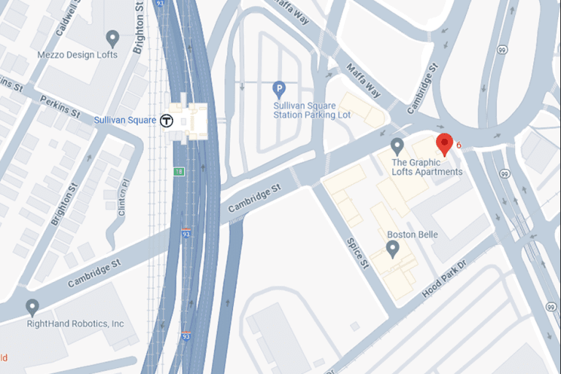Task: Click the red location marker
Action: (444, 144)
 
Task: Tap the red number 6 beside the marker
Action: (459, 145)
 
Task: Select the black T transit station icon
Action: (167, 121)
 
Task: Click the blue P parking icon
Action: (278, 89)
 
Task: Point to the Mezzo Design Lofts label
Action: (77, 56)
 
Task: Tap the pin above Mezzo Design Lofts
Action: (112, 37)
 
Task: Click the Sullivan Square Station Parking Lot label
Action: (312, 110)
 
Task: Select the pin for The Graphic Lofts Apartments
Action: (397, 145)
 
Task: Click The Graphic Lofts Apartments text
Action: (427, 167)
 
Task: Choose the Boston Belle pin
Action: (392, 249)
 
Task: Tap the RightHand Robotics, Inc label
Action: (75, 324)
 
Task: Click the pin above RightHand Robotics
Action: (32, 307)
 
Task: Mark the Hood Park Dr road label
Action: (443, 278)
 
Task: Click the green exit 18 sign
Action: (179, 171)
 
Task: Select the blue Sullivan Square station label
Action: (125, 120)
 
